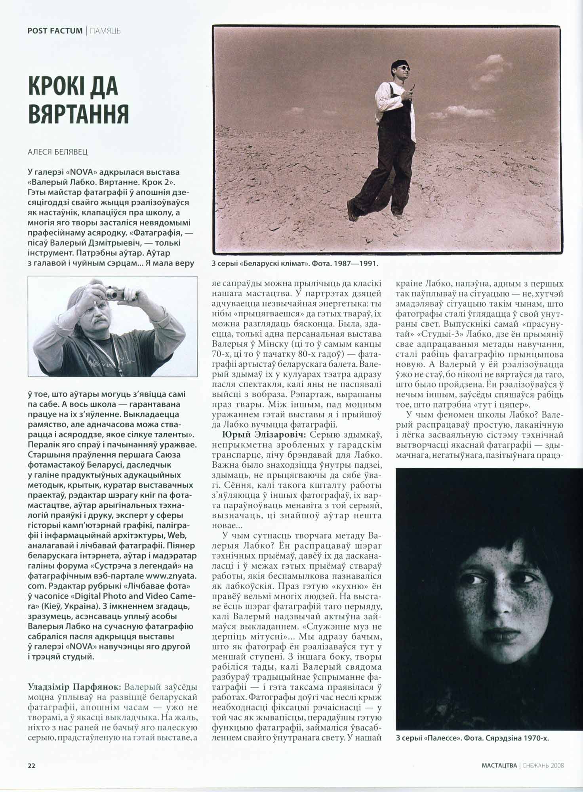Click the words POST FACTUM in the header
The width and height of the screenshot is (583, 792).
point(55,30)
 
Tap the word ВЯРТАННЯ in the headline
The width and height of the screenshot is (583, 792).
point(78,113)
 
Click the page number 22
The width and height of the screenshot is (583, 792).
point(32,766)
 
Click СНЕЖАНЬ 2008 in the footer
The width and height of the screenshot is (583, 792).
point(543,765)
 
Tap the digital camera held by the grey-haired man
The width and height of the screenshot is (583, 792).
point(117,293)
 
